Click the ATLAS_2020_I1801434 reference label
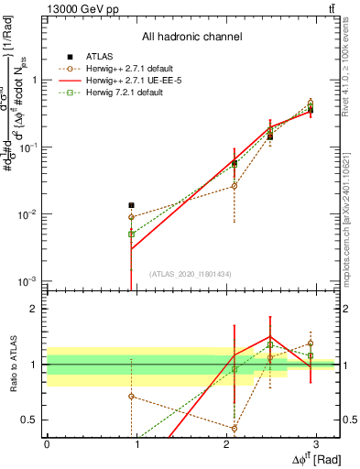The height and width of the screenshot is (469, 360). click(x=191, y=274)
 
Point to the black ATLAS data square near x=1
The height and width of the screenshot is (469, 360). click(x=132, y=205)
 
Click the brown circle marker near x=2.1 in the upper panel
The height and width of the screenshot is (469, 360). click(x=235, y=186)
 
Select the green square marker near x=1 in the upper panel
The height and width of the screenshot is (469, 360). click(x=132, y=234)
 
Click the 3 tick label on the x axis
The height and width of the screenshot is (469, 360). click(x=315, y=443)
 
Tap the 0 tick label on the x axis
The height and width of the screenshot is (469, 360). click(x=47, y=443)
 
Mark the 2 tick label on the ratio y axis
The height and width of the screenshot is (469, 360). click(x=32, y=310)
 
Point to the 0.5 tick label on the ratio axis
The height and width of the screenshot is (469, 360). click(x=29, y=420)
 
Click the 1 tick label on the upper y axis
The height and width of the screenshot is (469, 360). click(x=33, y=80)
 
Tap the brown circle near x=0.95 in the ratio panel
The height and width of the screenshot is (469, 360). click(x=132, y=396)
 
